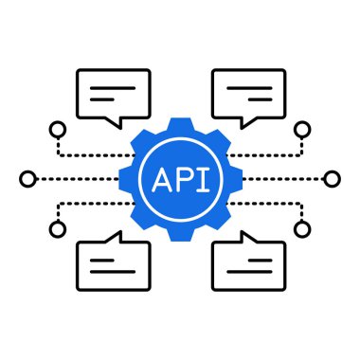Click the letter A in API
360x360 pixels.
(160, 178)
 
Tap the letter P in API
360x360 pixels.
(181, 178)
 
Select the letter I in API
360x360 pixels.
(199, 178)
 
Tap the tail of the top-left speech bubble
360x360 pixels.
(115, 121)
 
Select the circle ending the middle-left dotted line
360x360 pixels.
(27, 178)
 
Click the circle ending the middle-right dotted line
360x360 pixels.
(332, 178)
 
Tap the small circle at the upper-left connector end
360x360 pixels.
(57, 128)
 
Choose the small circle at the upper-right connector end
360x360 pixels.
(302, 128)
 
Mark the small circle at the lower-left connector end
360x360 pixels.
(57, 228)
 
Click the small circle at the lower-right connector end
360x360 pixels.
(302, 228)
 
